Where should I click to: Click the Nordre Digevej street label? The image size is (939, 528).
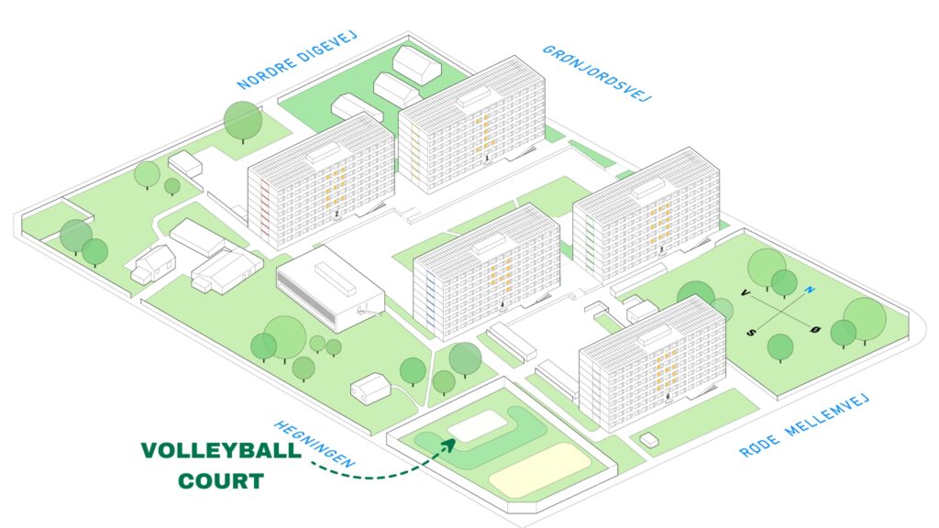(x=297, y=60)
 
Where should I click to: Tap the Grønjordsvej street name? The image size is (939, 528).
(x=596, y=73)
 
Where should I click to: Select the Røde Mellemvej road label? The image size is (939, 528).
(x=803, y=425)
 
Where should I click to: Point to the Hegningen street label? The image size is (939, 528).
(x=315, y=444)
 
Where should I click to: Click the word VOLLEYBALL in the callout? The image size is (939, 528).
(x=221, y=451)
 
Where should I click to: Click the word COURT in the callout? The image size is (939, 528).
(x=221, y=480)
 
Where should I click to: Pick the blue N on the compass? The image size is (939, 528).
(x=810, y=291)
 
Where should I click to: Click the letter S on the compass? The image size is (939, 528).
(x=752, y=332)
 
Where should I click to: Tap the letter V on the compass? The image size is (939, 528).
(x=746, y=292)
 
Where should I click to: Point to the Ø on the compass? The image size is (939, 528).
(x=815, y=330)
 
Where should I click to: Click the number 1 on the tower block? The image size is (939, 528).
(x=487, y=159)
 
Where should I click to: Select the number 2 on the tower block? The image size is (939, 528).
(x=337, y=213)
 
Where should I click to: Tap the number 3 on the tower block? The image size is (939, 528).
(x=662, y=249)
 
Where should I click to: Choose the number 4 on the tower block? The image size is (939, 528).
(x=503, y=305)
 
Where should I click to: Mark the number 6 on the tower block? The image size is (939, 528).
(x=668, y=396)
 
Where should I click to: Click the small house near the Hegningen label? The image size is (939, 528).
(x=370, y=387)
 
